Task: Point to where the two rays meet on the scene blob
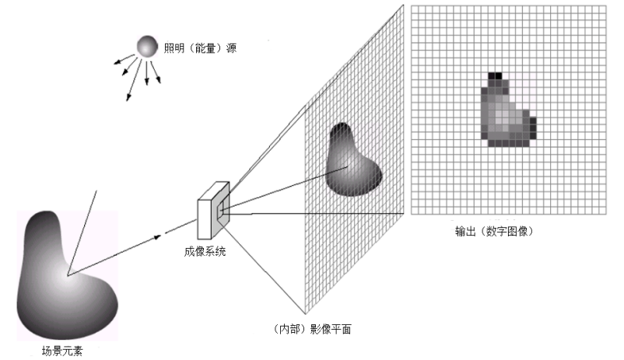pos(68,274)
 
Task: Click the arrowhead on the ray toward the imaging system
pos(165,233)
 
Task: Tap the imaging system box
pos(213,211)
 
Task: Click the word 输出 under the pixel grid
pos(466,232)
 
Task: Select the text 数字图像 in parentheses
pos(506,232)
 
